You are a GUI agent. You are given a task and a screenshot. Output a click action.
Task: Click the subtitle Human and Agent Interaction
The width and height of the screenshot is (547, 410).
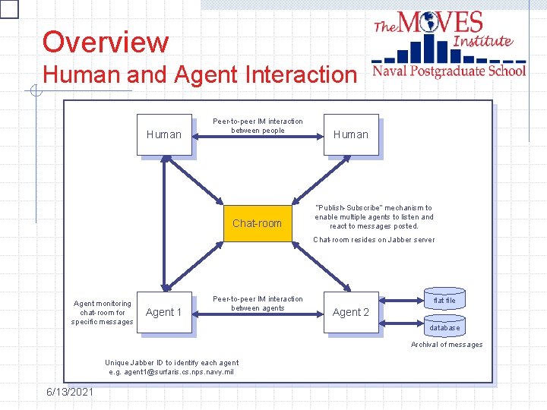coord(199,74)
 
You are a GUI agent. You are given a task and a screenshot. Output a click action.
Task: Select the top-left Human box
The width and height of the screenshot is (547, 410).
coord(164,134)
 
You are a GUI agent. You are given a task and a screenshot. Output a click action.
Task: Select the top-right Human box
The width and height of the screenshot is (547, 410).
coord(350,134)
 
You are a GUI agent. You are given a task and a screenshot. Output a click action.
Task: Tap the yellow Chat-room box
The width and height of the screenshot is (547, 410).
coord(257,223)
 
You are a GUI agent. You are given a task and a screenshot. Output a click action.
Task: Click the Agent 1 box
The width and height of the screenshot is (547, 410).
coord(164,312)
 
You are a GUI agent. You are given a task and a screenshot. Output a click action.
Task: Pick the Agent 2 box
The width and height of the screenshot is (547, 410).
coord(350,312)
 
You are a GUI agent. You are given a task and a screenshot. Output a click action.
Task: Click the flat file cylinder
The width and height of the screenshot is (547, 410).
coord(444,300)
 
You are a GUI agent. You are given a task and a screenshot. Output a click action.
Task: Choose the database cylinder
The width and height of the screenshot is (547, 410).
coord(444,327)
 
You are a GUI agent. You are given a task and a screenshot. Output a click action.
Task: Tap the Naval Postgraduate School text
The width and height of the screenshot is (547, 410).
coord(448,71)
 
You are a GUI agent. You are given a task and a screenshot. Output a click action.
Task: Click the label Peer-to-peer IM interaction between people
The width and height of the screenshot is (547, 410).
coord(258,125)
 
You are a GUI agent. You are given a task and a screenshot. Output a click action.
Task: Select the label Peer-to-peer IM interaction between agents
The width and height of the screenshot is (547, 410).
coord(258,303)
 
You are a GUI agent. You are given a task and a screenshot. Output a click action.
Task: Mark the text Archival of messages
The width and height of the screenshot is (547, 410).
coord(447,345)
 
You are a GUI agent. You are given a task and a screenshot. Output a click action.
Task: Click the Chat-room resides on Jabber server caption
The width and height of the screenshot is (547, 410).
coord(374,240)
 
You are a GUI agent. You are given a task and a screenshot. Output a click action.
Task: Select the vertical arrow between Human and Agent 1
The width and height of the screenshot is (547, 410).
coord(164,223)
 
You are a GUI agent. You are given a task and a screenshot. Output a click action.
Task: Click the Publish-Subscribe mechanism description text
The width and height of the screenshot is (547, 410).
coord(374,216)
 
